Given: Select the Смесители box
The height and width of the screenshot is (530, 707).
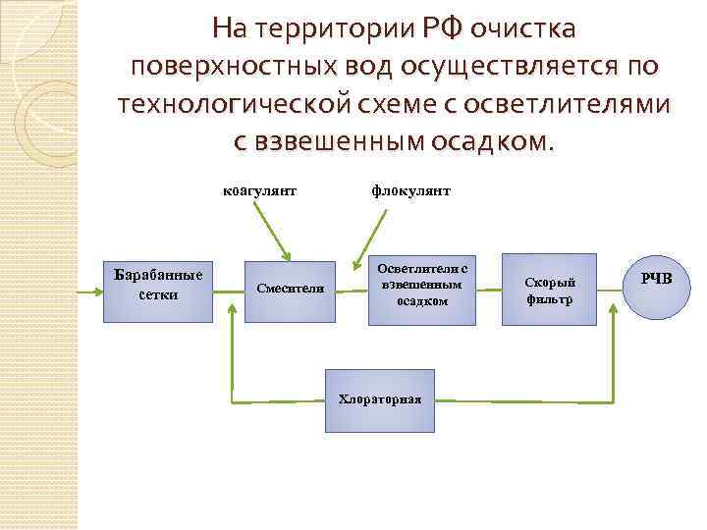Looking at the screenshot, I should pyautogui.click(x=290, y=288).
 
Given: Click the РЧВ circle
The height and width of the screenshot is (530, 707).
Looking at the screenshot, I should pyautogui.click(x=657, y=281).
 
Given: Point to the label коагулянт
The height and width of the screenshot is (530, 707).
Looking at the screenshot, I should pyautogui.click(x=260, y=190).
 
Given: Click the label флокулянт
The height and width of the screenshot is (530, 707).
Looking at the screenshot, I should pyautogui.click(x=411, y=190).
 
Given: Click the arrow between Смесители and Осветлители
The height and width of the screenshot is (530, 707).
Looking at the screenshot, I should pyautogui.click(x=348, y=288).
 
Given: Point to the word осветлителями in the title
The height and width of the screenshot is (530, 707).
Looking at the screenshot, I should pyautogui.click(x=573, y=103).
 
